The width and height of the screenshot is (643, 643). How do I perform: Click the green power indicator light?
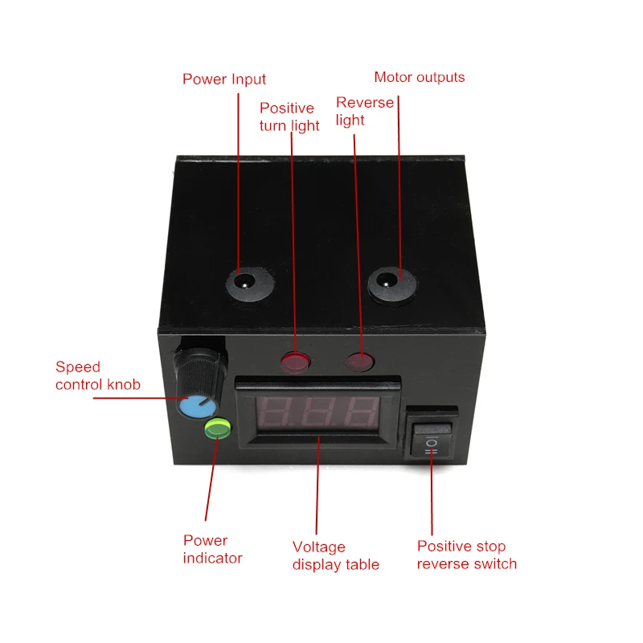click(218, 428)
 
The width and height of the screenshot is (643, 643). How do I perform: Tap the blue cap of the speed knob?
click(197, 408)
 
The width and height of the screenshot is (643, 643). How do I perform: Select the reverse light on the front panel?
click(360, 362)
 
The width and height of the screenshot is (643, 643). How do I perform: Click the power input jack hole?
click(245, 283)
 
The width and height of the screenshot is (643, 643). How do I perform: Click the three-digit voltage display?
click(317, 412)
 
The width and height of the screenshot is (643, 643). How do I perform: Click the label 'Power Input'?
click(224, 79)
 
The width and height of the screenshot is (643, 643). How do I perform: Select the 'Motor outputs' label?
click(419, 77)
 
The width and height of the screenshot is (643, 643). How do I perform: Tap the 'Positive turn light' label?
click(289, 117)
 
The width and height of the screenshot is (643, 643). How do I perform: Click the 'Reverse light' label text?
click(365, 111)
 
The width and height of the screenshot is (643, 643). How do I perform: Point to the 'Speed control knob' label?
click(97, 375)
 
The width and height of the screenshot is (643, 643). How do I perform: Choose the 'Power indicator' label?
click(212, 550)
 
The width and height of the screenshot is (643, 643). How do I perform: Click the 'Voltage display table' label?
click(335, 556)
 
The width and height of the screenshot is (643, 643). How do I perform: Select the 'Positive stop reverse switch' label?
click(467, 555)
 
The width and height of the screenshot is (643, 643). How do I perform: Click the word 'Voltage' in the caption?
click(318, 547)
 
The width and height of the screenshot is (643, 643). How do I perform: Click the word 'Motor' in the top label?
click(391, 77)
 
